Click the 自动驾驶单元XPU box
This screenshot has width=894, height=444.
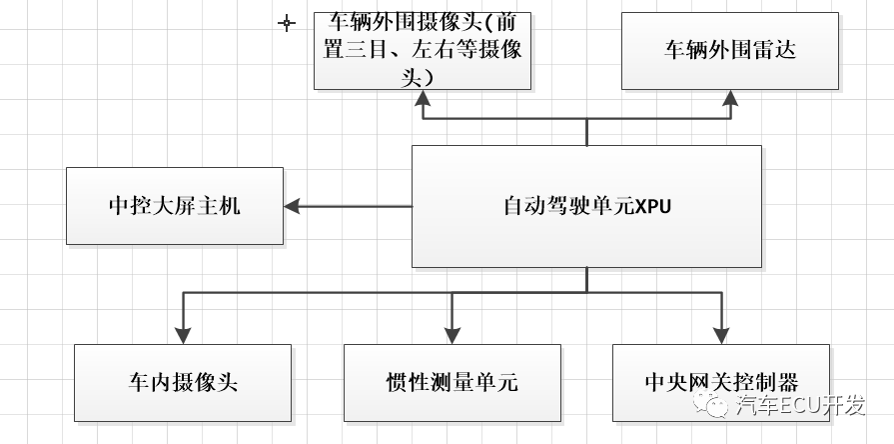[586, 206]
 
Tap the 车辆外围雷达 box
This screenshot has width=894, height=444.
[729, 51]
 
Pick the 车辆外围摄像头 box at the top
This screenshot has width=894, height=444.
[424, 51]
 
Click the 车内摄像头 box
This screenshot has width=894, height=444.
[183, 383]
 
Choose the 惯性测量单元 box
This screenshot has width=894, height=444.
[451, 383]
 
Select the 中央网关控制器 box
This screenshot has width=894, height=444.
[721, 383]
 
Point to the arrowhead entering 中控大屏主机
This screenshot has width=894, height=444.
[293, 206]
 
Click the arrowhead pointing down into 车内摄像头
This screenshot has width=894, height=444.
[183, 335]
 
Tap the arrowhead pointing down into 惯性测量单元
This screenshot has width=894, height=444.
[451, 335]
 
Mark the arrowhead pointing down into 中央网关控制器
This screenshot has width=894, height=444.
[721, 335]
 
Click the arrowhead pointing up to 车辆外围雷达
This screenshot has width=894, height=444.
[730, 98]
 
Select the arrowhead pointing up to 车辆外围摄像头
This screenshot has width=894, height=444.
[424, 98]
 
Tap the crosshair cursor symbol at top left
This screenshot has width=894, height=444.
[287, 22]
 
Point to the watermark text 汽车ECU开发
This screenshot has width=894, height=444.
[799, 406]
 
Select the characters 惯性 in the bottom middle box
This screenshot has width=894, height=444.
[405, 383]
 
